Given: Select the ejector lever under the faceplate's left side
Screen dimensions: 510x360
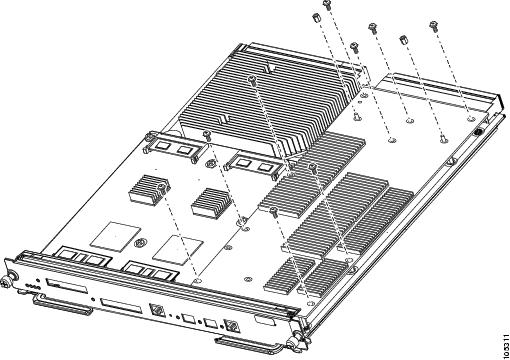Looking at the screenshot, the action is (x=62, y=306).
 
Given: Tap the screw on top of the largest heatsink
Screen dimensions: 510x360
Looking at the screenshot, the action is (x=252, y=79).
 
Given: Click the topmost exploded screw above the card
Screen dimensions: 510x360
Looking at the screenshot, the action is (x=327, y=5).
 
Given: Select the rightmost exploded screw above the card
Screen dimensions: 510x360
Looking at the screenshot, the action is (x=433, y=26).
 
